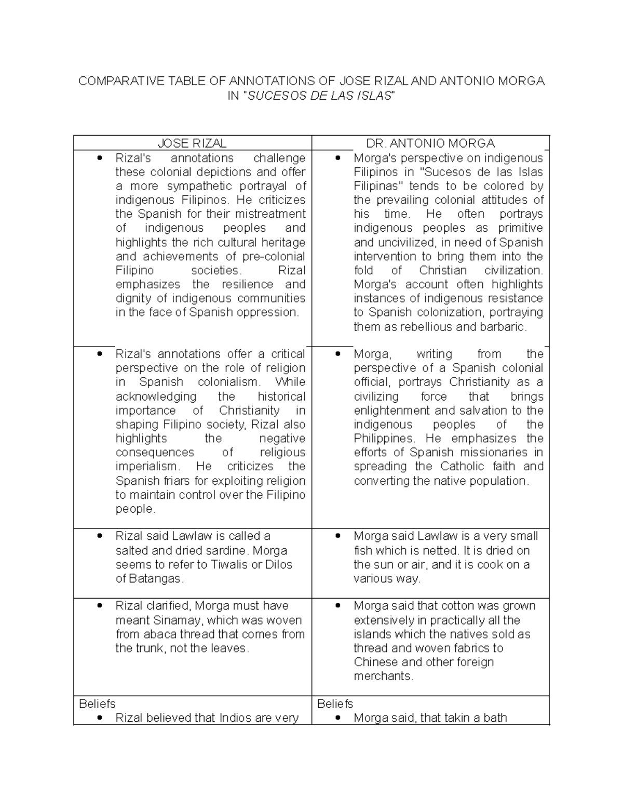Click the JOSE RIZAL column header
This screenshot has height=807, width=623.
[192, 143]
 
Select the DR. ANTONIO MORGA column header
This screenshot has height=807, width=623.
[430, 143]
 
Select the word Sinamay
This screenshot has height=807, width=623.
[175, 620]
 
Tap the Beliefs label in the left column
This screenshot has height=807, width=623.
[97, 704]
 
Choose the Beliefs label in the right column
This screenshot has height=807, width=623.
[335, 704]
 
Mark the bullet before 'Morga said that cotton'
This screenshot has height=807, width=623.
[338, 606]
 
